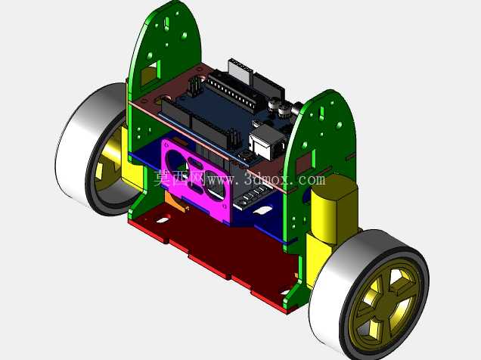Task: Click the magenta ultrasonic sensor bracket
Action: tap(197, 181)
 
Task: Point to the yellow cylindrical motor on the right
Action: tap(334, 209)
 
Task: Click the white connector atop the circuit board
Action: tap(240, 71)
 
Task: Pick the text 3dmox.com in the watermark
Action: tap(284, 179)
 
